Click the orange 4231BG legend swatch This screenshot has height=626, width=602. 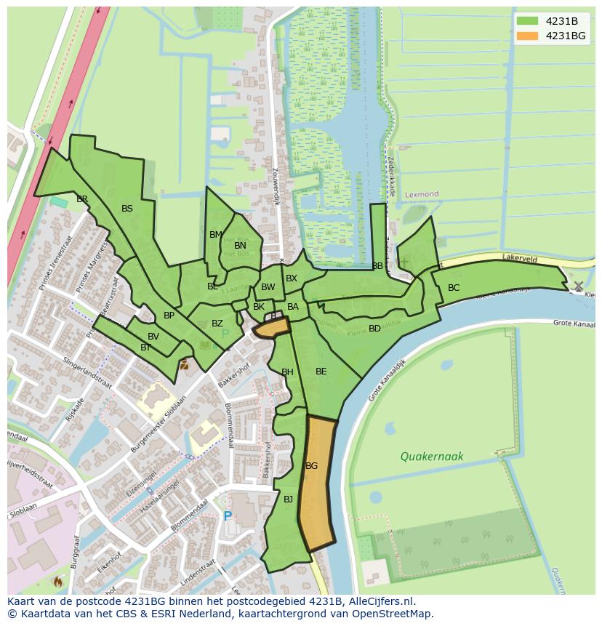(x=528, y=36)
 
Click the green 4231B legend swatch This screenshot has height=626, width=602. (x=528, y=20)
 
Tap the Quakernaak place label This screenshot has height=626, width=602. (x=431, y=457)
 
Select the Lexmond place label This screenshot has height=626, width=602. (x=422, y=195)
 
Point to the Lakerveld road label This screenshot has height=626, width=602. (x=519, y=257)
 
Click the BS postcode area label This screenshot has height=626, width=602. (x=127, y=209)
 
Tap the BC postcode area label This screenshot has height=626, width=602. (x=454, y=288)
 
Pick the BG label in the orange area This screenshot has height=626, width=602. (x=312, y=465)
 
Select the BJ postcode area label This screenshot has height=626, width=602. (x=288, y=499)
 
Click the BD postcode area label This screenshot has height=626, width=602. (x=374, y=329)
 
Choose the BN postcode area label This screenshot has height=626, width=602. (x=240, y=246)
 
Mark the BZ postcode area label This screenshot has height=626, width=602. (x=217, y=324)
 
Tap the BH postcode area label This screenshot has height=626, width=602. (x=287, y=372)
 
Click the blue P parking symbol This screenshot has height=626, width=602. (x=228, y=516)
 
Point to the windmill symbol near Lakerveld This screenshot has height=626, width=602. (x=578, y=286)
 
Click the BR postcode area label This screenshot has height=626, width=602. (x=82, y=199)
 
